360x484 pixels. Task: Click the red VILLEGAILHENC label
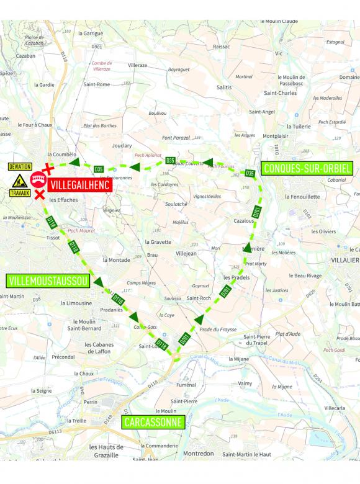(x=79, y=185)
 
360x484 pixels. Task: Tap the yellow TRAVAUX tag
(x=20, y=193)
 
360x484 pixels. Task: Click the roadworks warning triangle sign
(x=20, y=181)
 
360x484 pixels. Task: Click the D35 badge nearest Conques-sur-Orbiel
(x=250, y=173)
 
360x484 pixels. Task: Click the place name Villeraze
(x=137, y=65)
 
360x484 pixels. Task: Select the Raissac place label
(x=221, y=46)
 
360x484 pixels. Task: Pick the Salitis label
(x=224, y=88)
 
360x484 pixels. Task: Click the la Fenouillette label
(x=302, y=196)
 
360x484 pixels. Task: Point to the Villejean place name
(x=186, y=253)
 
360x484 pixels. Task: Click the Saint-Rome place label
(x=97, y=84)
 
